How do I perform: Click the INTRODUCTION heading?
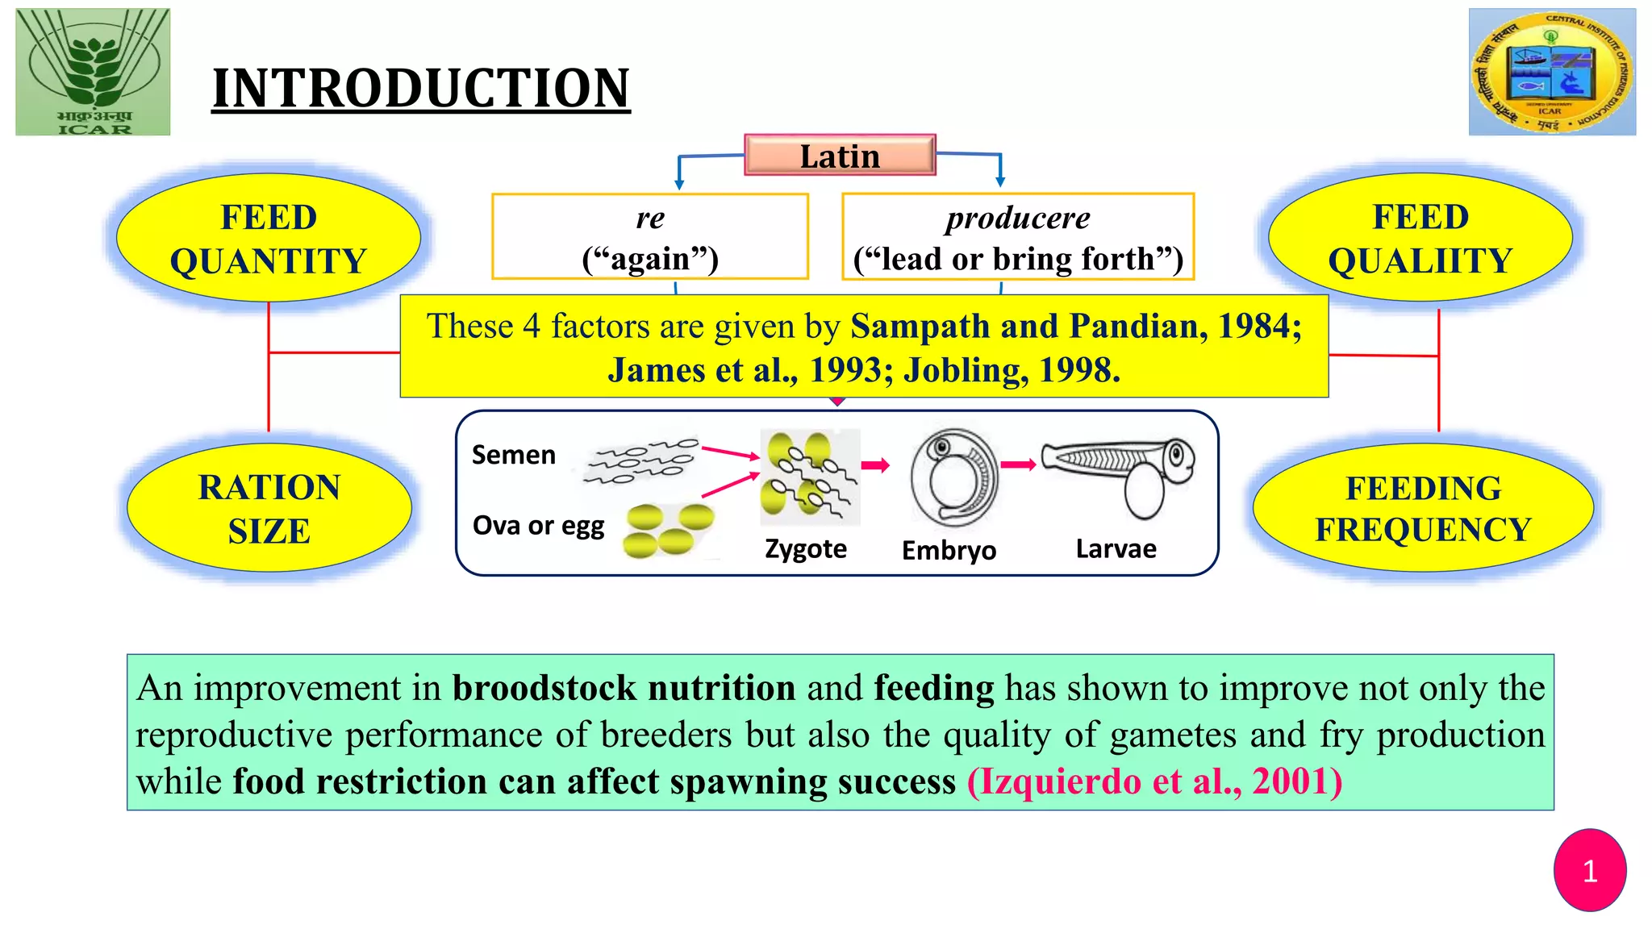click(420, 88)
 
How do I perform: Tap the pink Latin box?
click(840, 156)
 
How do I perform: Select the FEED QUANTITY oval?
click(269, 239)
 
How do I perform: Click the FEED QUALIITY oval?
click(1420, 238)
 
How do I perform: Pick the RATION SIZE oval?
click(269, 508)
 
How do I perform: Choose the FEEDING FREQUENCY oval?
click(1423, 508)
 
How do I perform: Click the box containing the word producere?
click(1018, 237)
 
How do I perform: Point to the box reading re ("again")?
click(650, 237)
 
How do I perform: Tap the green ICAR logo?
click(93, 72)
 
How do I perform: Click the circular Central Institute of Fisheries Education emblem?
click(1552, 72)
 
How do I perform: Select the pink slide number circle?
click(1590, 870)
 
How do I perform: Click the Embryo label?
click(949, 550)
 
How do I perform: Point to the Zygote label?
click(806, 548)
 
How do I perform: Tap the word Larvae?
click(1116, 548)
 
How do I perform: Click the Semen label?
click(514, 455)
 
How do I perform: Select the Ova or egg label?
click(538, 525)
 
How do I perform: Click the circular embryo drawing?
click(953, 477)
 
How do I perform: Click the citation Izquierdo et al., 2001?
click(1155, 781)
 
